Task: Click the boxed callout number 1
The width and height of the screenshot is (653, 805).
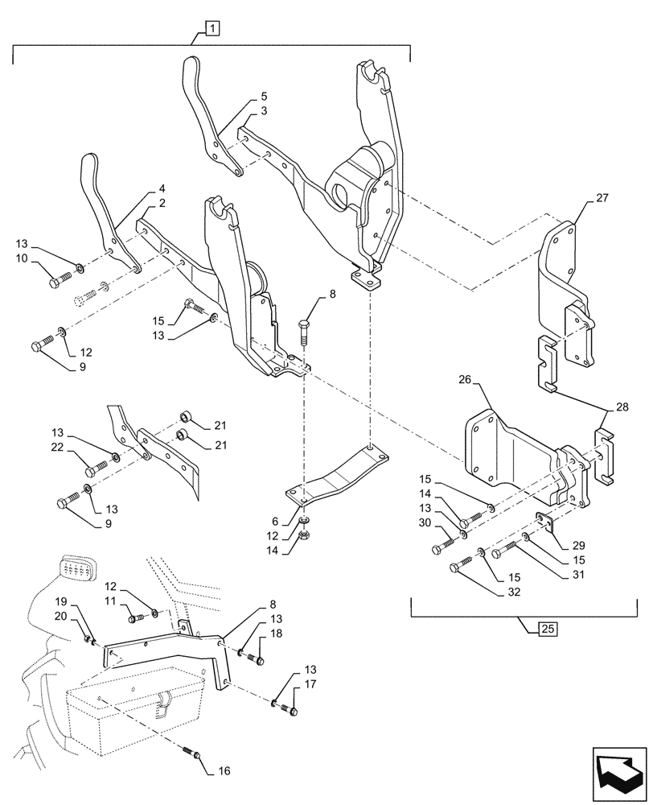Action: (x=212, y=31)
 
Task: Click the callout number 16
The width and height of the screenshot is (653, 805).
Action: (x=224, y=770)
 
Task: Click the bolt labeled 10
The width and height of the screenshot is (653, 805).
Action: (x=60, y=282)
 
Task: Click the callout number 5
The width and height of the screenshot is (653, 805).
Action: (x=265, y=96)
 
